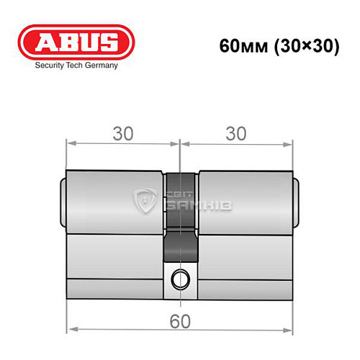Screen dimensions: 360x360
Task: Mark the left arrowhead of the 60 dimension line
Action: pos(70,331)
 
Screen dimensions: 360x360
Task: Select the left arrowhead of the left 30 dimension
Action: pos(70,143)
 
